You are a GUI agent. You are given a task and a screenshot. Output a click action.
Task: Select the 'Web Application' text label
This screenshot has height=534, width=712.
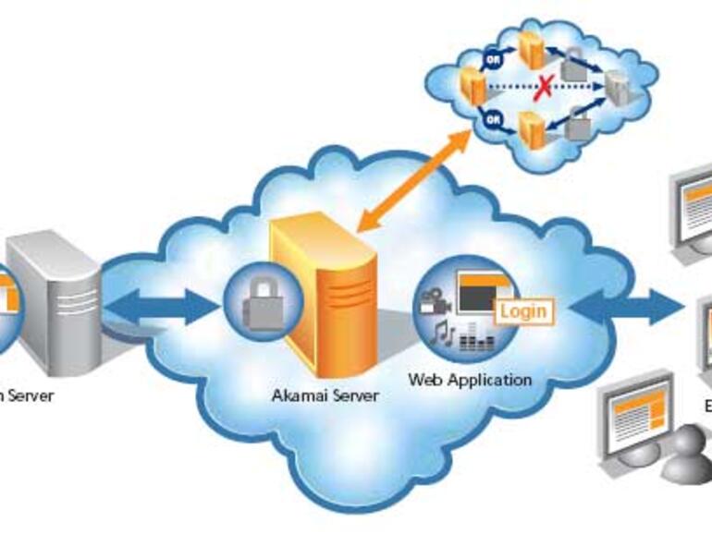pyautogui.click(x=470, y=380)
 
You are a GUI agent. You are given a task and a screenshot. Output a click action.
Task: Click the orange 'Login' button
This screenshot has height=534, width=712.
pyautogui.click(x=522, y=310)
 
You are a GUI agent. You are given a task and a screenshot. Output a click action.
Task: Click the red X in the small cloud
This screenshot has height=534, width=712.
pyautogui.click(x=546, y=89)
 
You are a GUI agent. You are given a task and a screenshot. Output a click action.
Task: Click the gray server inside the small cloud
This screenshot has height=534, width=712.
pyautogui.click(x=617, y=87)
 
